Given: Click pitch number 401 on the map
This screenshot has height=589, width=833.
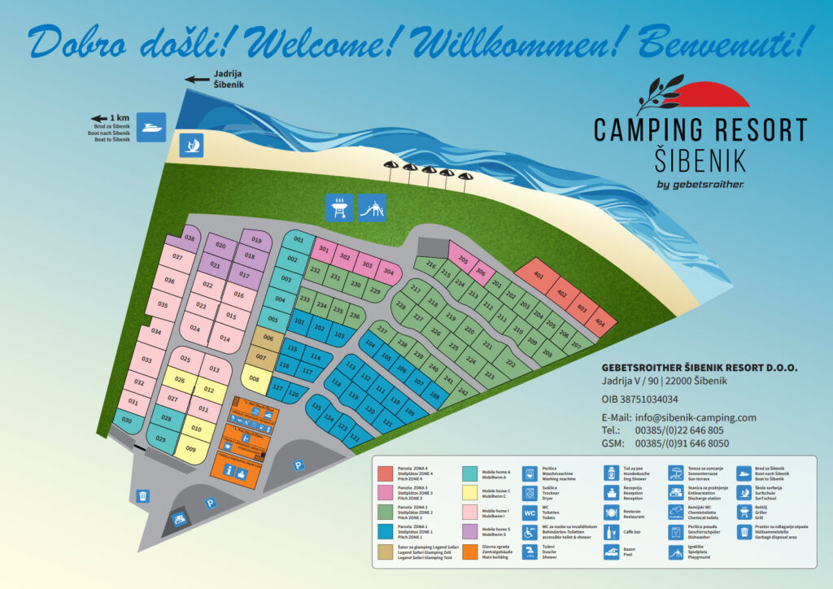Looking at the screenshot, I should click(538, 275).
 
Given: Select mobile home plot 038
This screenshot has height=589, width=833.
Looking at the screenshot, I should click(190, 238).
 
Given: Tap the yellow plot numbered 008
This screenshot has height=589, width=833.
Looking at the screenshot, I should click(255, 378).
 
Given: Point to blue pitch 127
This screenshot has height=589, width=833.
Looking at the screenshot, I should click(277, 390).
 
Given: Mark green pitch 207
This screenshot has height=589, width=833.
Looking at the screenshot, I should click(576, 345).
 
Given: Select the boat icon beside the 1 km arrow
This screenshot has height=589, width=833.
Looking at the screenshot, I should click(151, 127).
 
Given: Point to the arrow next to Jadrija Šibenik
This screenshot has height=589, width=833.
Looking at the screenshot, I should click(196, 79).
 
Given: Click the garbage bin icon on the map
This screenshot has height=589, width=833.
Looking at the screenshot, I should click(143, 495).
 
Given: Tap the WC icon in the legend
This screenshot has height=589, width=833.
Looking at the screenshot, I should click(529, 513).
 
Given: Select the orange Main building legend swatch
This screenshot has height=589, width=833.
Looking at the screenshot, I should click(470, 552).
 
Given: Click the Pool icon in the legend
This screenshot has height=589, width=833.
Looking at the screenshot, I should click(611, 553).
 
